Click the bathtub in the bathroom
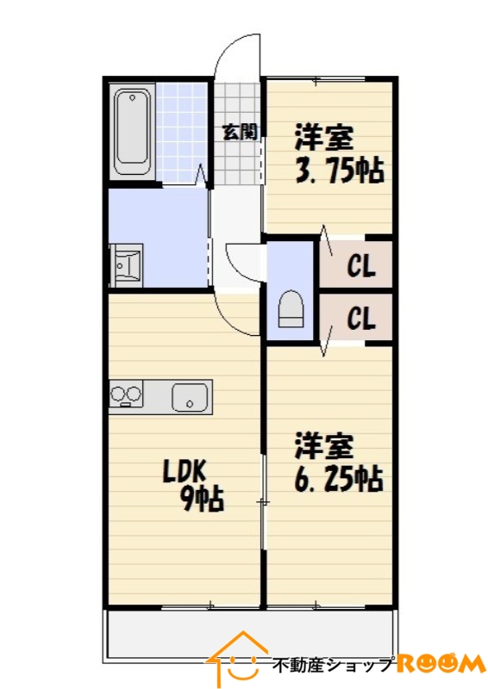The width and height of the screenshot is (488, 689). (x=133, y=133)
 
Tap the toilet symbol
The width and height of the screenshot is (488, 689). (x=291, y=309)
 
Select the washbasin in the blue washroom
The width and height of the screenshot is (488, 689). (x=126, y=265)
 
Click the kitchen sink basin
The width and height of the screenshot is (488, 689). (x=190, y=398)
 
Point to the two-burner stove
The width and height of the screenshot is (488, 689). (x=126, y=394)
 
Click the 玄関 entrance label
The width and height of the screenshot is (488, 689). (x=240, y=132)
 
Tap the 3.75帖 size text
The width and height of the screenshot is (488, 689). (x=339, y=171)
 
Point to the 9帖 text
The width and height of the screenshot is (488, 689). (x=203, y=500)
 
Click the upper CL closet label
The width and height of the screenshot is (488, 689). (x=361, y=266)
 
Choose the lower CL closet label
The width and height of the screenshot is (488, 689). (x=361, y=319)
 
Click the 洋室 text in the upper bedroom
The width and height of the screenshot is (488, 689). (x=324, y=137)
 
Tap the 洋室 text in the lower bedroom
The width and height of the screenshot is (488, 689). (x=324, y=445)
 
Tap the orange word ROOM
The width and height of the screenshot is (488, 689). (x=441, y=664)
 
